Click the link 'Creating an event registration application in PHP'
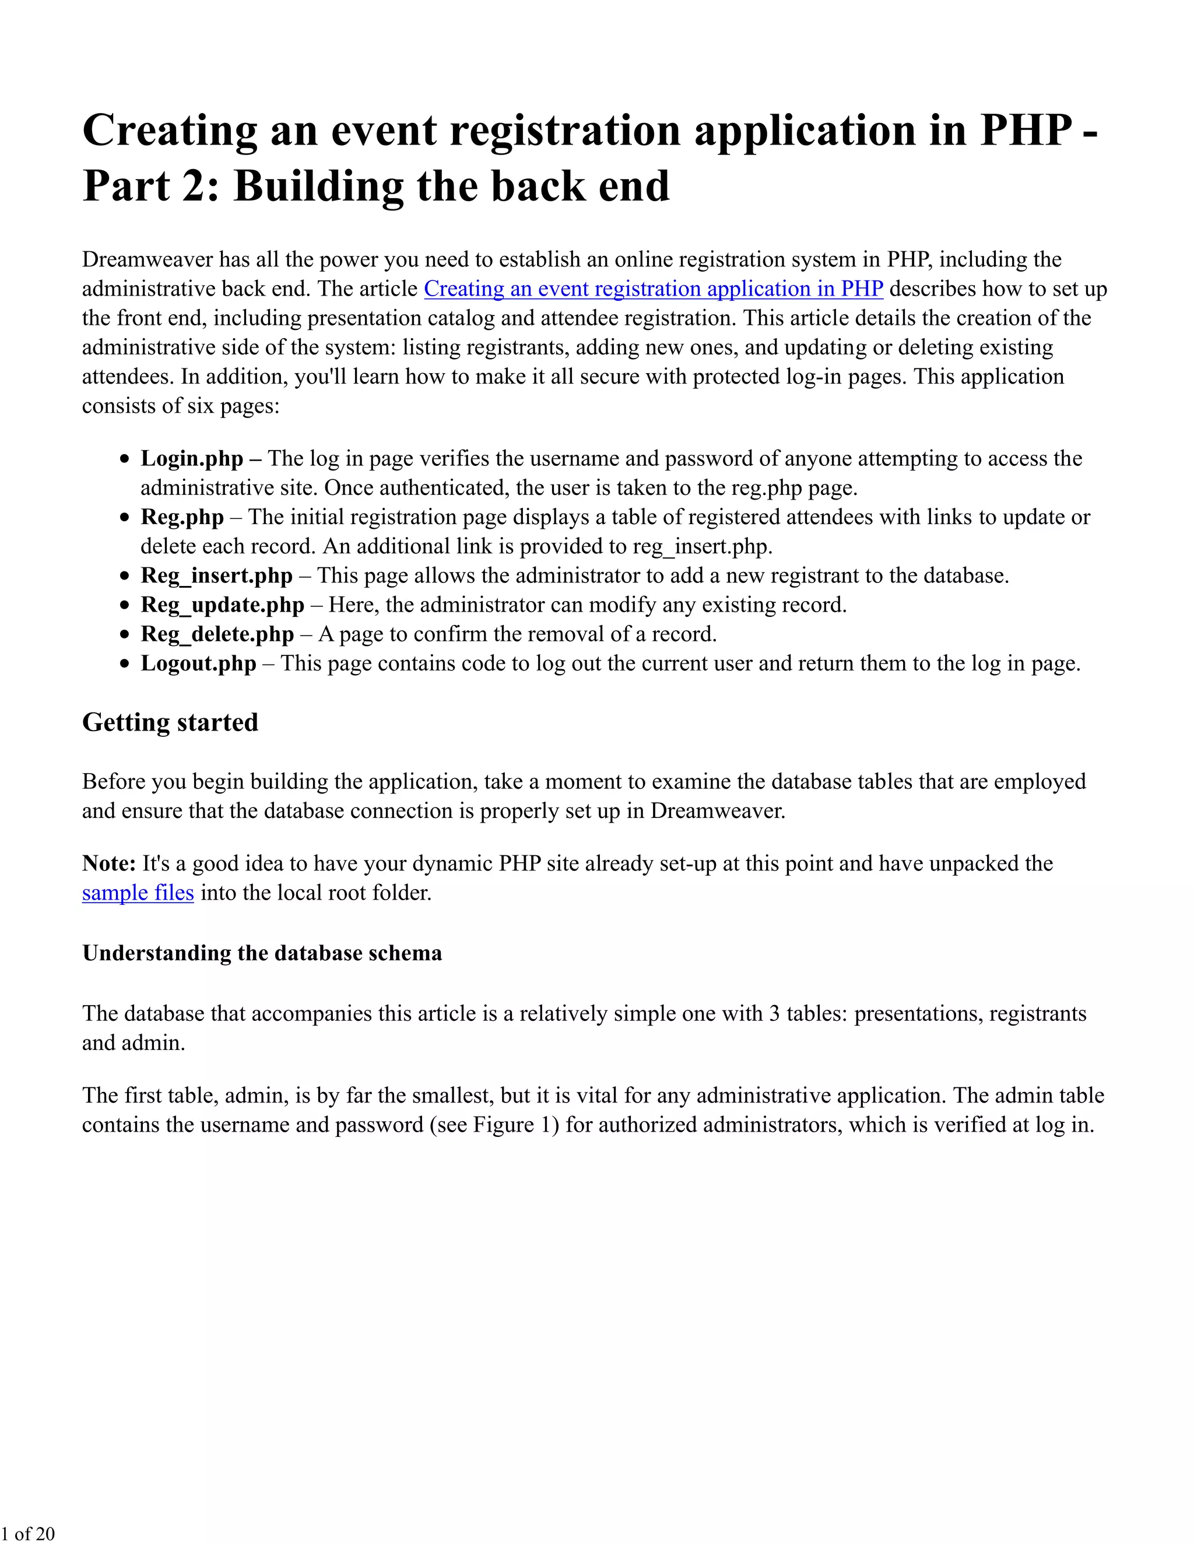tap(653, 289)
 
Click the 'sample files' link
tap(138, 893)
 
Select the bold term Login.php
tap(192, 458)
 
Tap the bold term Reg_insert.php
tap(216, 575)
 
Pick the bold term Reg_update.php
tap(222, 605)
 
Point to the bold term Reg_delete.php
tap(217, 634)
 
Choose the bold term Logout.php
tap(199, 663)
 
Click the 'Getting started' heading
tap(170, 722)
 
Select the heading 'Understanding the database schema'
tap(262, 953)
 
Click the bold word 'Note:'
tap(109, 863)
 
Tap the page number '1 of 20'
tap(27, 1533)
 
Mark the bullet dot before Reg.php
tap(125, 518)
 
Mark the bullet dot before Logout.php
tap(125, 664)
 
